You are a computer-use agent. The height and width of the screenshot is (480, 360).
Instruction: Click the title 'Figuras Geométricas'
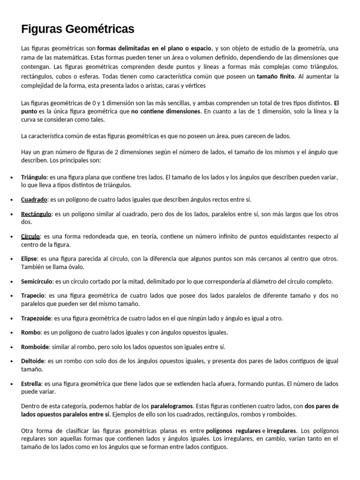pyautogui.click(x=78, y=29)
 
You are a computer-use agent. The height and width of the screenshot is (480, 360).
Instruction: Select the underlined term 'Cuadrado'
pyautogui.click(x=34, y=200)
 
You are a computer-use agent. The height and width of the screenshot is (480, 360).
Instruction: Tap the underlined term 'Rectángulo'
pyautogui.click(x=36, y=214)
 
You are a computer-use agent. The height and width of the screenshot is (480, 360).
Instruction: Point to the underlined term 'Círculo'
pyautogui.click(x=31, y=236)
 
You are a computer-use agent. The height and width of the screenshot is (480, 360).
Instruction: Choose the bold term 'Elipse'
pyautogui.click(x=30, y=259)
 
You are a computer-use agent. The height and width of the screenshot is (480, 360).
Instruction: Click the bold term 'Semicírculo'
pyautogui.click(x=37, y=281)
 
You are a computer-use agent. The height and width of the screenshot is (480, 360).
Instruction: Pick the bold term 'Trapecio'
pyautogui.click(x=33, y=296)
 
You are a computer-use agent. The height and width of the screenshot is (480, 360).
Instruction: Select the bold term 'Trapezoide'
pyautogui.click(x=36, y=318)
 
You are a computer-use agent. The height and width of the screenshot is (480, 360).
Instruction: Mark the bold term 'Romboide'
pyautogui.click(x=34, y=347)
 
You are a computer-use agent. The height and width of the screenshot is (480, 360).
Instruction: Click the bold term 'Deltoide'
pyautogui.click(x=33, y=361)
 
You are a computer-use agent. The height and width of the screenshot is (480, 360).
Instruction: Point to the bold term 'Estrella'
pyautogui.click(x=32, y=384)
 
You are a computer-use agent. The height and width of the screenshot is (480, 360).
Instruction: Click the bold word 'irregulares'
pyautogui.click(x=281, y=430)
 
